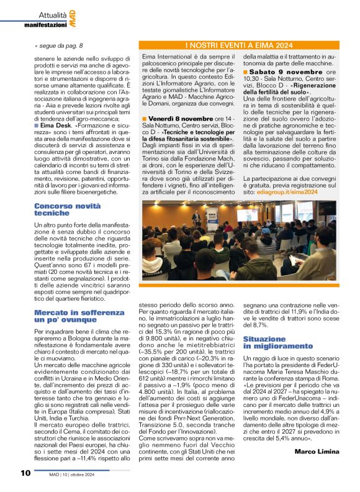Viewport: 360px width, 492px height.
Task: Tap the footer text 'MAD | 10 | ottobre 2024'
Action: [73, 475]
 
